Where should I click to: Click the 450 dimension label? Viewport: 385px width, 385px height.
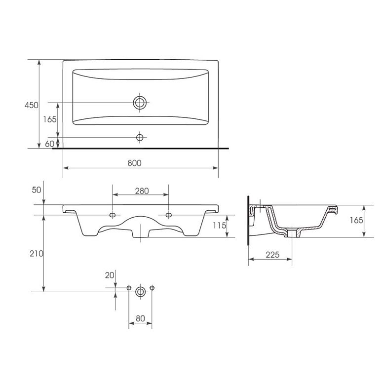pyautogui.click(x=32, y=105)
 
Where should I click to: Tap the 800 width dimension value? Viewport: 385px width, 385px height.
pyautogui.click(x=135, y=163)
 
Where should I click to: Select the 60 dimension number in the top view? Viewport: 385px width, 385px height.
pyautogui.click(x=49, y=144)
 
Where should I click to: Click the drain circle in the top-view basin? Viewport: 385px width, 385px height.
pyautogui.click(x=140, y=103)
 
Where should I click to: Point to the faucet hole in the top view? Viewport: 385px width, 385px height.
pyautogui.click(x=140, y=138)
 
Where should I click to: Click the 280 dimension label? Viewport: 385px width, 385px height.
pyautogui.click(x=142, y=191)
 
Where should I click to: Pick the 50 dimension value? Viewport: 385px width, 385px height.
pyautogui.click(x=37, y=190)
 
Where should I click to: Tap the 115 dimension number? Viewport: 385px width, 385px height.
pyautogui.click(x=220, y=225)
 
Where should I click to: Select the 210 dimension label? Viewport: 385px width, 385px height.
pyautogui.click(x=37, y=253)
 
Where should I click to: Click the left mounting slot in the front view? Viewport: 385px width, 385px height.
pyautogui.click(x=113, y=215)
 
